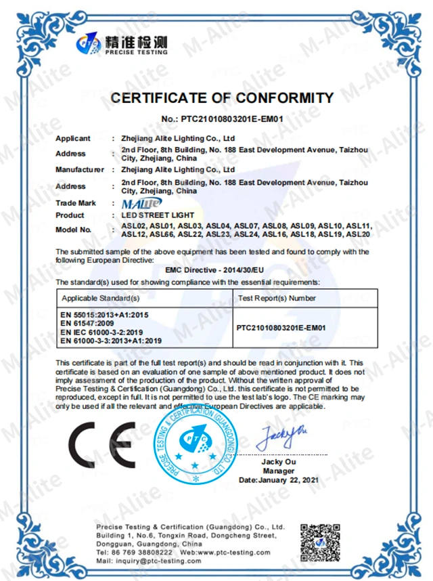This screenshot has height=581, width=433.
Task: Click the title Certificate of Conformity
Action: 222,98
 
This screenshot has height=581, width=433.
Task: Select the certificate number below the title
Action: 222,119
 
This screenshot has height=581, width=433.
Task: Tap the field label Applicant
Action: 72,138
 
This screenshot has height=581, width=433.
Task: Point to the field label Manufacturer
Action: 80,169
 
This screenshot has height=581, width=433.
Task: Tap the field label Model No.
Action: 73,230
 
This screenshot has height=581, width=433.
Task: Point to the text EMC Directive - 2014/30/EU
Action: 222,270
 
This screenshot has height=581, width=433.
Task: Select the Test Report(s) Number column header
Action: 277,298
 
